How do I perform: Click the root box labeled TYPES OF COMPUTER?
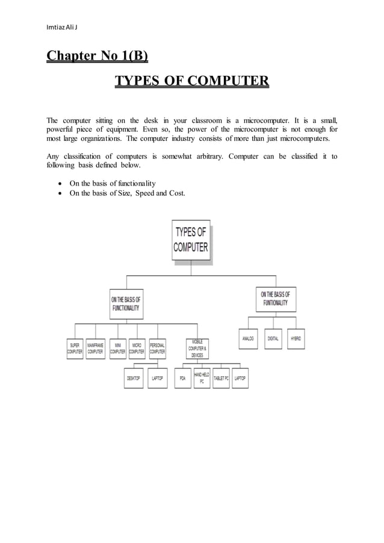pos(191,240)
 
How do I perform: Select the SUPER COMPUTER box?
pos(75,349)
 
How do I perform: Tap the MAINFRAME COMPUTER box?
pos(95,349)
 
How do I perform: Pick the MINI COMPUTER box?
pos(118,349)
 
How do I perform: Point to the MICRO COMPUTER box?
pos(137,349)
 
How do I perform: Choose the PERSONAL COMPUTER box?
pos(157,349)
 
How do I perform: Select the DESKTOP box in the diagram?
pos(134,378)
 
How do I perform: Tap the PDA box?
pos(182,378)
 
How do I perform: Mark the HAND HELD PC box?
pos(202,378)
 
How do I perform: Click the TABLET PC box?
pos(221,378)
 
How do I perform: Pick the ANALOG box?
pos(248,339)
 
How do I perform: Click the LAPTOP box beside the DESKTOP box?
pos(157,378)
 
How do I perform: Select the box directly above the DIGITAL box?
pos(276,299)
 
